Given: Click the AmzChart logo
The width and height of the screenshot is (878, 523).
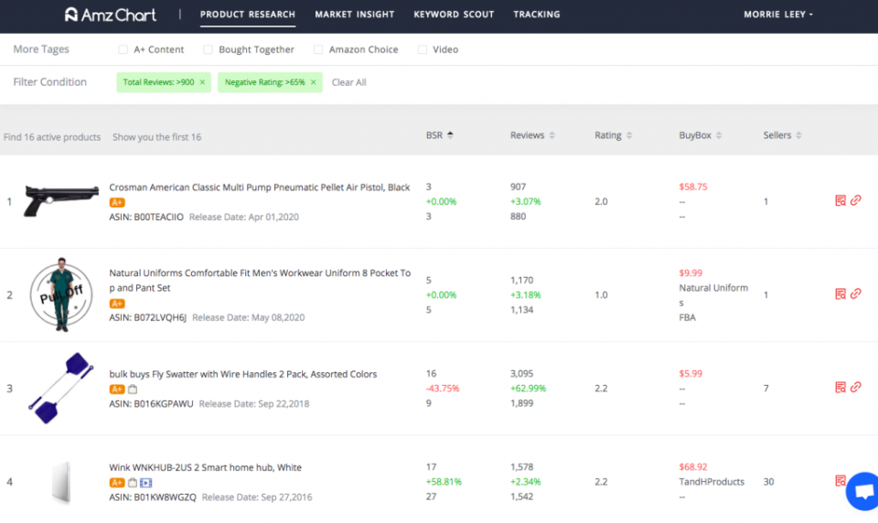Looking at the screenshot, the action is point(111,15).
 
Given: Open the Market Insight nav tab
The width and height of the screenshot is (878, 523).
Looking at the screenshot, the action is point(355,15).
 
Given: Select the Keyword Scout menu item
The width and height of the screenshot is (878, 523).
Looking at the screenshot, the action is point(454,15).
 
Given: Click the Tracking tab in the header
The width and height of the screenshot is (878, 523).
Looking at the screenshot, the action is point(537,15).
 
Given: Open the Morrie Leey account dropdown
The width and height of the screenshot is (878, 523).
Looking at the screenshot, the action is point(777,15).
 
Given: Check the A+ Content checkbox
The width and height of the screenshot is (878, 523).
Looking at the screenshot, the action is point(123,49).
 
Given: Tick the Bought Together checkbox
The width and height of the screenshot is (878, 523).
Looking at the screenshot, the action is point(208,49).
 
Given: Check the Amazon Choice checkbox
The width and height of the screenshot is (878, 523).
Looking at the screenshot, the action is point(318,49).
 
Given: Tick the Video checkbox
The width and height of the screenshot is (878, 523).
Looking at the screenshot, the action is point(423,49).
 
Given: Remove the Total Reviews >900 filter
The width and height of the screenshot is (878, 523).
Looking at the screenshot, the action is point(202,82).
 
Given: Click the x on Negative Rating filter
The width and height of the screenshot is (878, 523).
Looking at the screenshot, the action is point(313,82).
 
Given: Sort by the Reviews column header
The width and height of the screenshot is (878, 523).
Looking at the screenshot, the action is point(532,135).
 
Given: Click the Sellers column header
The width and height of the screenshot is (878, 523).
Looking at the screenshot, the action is point(782,135).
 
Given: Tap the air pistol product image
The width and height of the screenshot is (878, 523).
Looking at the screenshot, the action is point(61,200).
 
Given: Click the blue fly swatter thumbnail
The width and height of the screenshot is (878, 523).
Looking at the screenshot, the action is point(61,388).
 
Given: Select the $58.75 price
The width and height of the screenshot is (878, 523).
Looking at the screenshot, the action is point(693,187).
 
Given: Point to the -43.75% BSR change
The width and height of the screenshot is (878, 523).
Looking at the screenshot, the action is point(443,389).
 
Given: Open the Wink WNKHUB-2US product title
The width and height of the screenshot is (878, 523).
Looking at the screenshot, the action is point(205,467).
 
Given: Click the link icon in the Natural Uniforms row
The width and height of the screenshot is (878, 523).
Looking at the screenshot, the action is point(856,294).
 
